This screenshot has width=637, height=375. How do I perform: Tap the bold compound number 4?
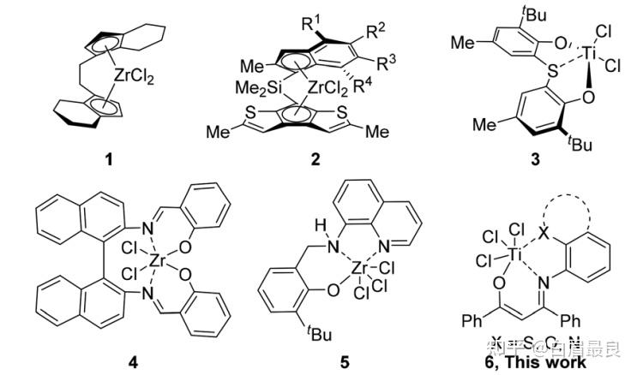pyautogui.click(x=132, y=360)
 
